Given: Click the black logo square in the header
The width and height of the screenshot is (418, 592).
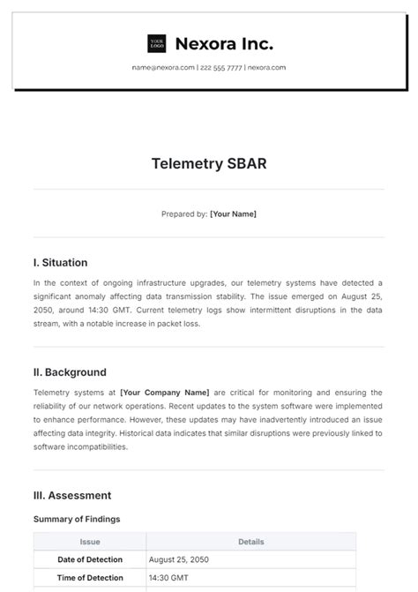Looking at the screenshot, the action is (157, 43).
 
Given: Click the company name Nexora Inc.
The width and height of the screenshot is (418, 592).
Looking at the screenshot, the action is (224, 43).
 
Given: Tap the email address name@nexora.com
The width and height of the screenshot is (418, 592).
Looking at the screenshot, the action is (163, 67).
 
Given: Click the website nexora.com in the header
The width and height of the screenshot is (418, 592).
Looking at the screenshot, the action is (266, 67).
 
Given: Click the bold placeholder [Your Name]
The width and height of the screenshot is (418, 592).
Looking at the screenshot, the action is (233, 214).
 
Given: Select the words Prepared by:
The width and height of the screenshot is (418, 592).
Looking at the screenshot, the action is (184, 214).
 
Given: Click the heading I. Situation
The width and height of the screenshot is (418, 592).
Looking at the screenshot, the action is (61, 262).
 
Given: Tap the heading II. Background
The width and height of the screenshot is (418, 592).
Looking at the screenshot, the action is (70, 372).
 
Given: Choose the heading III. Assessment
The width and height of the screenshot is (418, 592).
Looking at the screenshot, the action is (72, 496).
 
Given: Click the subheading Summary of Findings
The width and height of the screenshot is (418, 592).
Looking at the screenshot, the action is (77, 519).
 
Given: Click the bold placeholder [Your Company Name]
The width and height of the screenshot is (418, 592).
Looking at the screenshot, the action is (165, 393).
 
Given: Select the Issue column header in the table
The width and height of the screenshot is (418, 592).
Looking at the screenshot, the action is (90, 542).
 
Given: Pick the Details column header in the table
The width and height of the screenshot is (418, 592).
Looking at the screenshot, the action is (251, 542).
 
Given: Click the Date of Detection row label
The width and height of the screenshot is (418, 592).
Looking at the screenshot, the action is (90, 559).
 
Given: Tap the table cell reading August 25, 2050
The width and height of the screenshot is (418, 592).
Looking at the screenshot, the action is (180, 559).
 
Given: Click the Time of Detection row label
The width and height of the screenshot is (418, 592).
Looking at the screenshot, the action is (90, 577).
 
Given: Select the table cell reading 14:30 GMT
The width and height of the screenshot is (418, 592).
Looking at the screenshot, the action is (170, 577).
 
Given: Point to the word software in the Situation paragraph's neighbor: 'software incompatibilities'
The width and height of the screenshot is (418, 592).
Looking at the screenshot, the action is (51, 446).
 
